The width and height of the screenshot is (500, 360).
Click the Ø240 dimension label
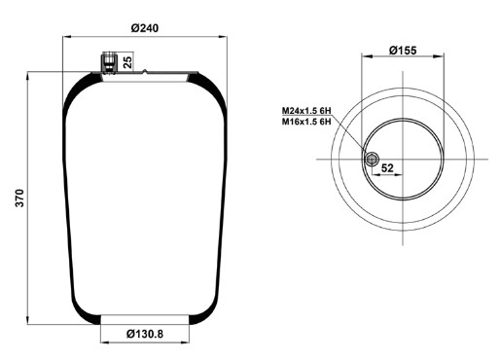click(145, 28)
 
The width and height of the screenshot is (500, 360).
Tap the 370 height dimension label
click(19, 198)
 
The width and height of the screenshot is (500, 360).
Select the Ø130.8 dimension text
click(145, 334)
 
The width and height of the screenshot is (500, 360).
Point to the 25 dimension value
click(128, 62)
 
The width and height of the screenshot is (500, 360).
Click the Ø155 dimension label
click(403, 51)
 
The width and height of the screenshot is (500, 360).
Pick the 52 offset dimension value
click(387, 167)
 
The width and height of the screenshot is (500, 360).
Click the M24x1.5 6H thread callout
click(306, 111)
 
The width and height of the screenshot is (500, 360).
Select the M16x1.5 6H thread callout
click(306, 122)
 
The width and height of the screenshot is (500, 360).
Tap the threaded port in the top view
click(372, 160)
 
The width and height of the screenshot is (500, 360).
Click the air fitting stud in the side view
click(109, 62)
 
